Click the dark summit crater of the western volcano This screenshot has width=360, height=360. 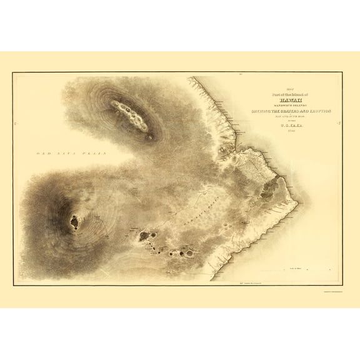[74, 221]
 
